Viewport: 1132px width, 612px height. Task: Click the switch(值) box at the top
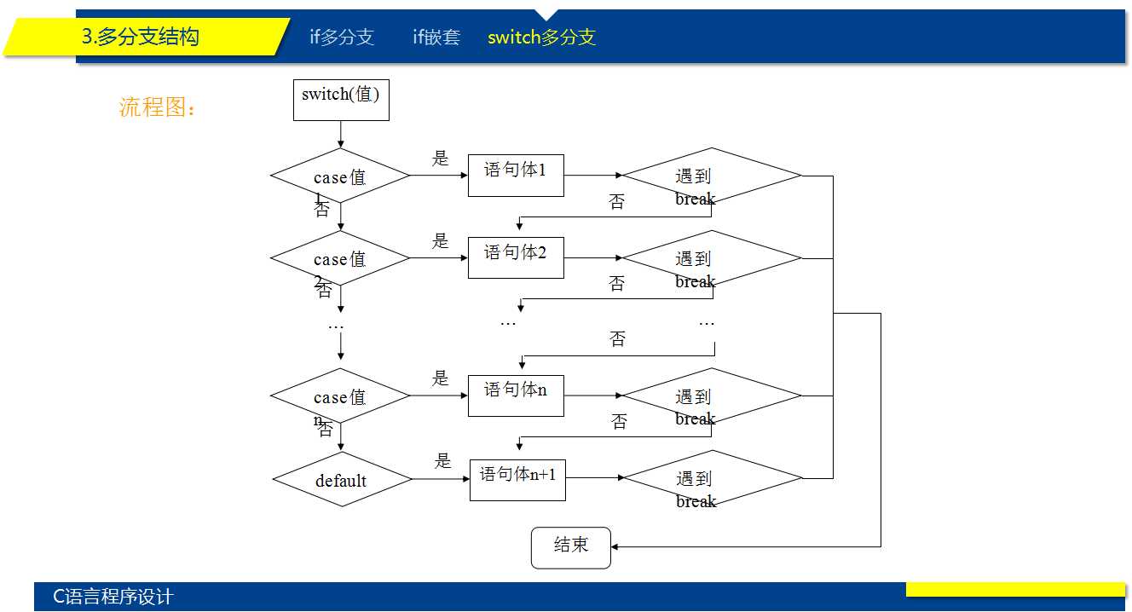[341, 99]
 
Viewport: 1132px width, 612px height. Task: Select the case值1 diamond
[340, 176]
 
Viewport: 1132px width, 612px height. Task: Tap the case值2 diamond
[340, 258]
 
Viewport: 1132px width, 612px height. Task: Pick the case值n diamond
[340, 396]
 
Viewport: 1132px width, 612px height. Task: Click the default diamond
[342, 479]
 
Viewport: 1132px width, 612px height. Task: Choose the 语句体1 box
[516, 175]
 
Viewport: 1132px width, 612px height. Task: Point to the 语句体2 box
[516, 257]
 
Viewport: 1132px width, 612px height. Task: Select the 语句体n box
[516, 395]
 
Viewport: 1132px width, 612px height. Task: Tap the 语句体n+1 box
[517, 479]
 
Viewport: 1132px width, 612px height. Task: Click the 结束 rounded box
[571, 547]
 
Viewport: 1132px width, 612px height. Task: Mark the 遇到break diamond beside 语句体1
[712, 176]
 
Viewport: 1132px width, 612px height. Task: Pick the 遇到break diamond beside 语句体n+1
[713, 479]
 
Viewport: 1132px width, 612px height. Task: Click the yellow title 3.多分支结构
[141, 37]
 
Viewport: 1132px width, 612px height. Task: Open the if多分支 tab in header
[342, 38]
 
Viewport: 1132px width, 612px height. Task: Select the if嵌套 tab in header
[436, 38]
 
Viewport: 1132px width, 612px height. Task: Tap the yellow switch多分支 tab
[541, 38]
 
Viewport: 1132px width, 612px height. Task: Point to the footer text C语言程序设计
[113, 597]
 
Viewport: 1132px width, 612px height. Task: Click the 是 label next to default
[442, 461]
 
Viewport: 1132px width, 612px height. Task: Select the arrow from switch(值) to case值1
[341, 134]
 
